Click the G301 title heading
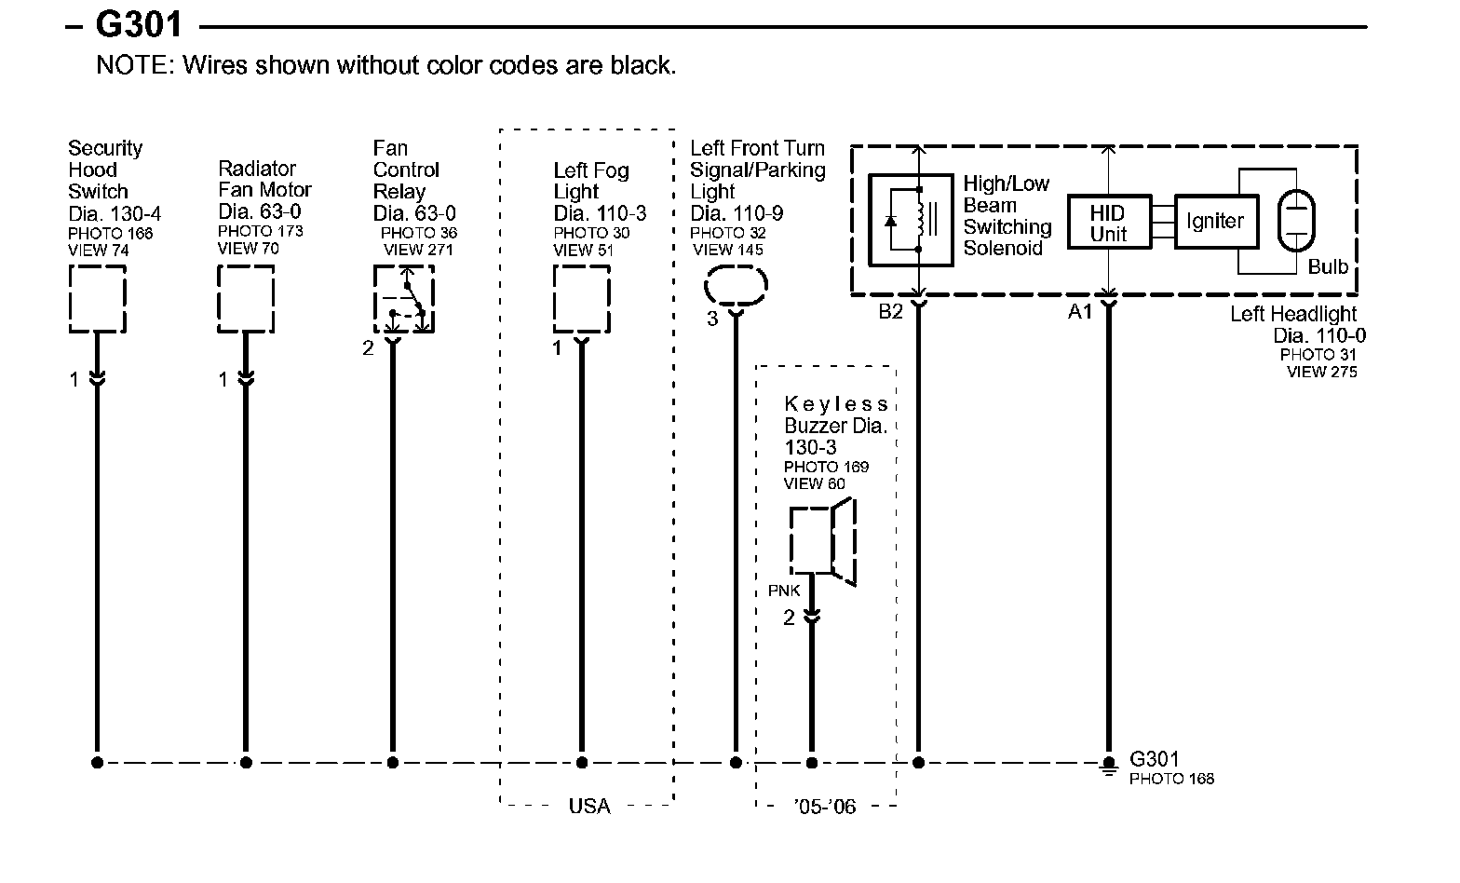coord(140,25)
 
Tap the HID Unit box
coord(1108,224)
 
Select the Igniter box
coord(1215,222)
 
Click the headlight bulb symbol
coord(1295,221)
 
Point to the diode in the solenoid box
coord(892,221)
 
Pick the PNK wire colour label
coord(784,591)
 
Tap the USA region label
coord(588,806)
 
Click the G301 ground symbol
coord(1108,766)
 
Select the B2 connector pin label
coord(891,312)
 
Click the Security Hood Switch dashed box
coord(97,299)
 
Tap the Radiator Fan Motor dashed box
coord(246,299)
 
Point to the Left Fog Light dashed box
coord(582,299)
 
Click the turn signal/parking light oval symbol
coord(736,286)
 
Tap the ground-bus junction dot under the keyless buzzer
coord(811,763)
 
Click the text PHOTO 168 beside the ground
coord(1171,779)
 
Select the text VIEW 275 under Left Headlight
coord(1321,373)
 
